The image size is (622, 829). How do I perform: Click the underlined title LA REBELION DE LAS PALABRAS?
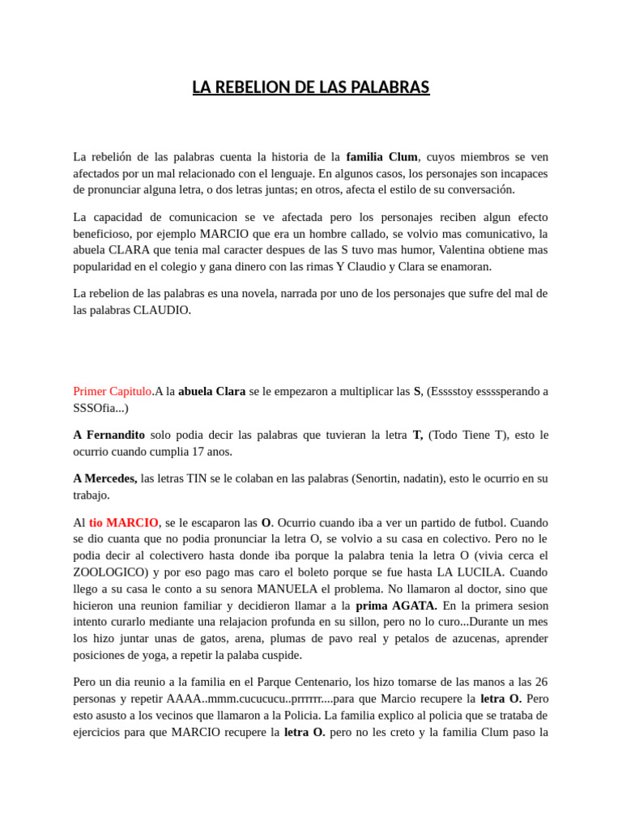(311, 87)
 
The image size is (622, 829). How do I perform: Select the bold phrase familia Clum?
(381, 157)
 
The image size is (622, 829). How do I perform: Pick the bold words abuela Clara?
(212, 392)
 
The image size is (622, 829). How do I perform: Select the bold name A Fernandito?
(109, 435)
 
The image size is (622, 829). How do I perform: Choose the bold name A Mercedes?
(105, 478)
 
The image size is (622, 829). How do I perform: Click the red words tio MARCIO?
(124, 523)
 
